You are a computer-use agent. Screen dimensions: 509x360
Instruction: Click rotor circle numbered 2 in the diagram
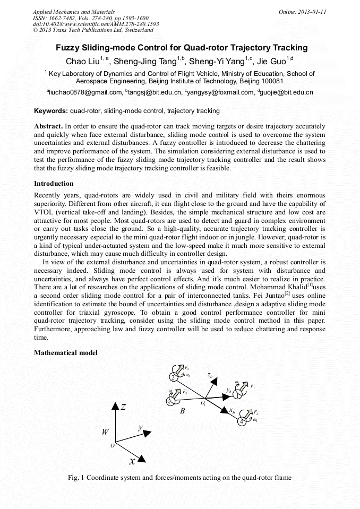[x=173, y=377]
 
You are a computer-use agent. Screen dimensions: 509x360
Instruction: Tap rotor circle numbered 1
[x=237, y=394]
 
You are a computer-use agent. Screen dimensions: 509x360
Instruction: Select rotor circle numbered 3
[x=169, y=401]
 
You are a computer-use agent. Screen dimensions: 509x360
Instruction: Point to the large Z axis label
[x=123, y=407]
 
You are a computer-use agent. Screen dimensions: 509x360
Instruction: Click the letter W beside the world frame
[x=105, y=432]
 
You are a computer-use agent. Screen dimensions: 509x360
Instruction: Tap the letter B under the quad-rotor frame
[x=182, y=411]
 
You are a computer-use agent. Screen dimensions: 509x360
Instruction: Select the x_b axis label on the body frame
[x=232, y=410]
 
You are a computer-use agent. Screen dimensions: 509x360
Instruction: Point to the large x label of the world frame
[x=132, y=461]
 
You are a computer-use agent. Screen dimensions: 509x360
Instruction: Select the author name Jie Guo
[x=272, y=61]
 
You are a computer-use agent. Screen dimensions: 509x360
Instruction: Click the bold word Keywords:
[x=51, y=111]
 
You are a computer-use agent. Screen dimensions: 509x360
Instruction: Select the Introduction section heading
[x=54, y=184]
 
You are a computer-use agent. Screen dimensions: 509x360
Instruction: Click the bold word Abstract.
[x=48, y=126]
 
